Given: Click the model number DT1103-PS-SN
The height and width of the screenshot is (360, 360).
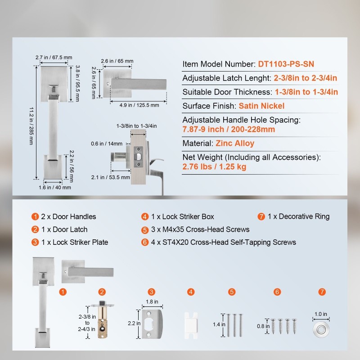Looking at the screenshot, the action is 286,64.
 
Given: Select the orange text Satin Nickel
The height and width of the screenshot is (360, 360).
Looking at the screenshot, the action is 261,106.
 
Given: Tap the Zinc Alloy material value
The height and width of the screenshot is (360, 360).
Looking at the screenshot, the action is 235,143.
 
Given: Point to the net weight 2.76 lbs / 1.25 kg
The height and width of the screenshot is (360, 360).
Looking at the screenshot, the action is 214,166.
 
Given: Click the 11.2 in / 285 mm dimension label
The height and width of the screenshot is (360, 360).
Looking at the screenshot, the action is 31,126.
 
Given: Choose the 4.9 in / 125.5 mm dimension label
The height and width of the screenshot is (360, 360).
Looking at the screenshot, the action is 139,105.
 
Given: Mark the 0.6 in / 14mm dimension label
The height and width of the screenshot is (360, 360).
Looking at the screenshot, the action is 107,144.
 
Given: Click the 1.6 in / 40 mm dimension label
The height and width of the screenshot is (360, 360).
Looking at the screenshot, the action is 54,187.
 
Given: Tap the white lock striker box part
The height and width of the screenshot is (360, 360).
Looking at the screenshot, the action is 191,325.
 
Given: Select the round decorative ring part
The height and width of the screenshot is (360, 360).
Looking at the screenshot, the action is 321,330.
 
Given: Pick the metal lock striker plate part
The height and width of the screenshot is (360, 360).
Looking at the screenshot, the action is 152,324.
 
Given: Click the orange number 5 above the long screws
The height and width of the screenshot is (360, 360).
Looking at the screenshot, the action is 232,292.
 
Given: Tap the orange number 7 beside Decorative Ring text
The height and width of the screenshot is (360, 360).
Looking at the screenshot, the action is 261,216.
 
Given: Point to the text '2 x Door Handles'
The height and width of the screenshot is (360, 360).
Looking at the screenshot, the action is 68,216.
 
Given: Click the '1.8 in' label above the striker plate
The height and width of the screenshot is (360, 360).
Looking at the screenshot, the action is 152,301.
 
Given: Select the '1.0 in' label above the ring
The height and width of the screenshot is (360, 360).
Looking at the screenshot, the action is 321,314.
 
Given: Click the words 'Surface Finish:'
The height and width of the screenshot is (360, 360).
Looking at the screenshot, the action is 209,106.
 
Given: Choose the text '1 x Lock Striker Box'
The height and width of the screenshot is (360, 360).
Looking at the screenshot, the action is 183,216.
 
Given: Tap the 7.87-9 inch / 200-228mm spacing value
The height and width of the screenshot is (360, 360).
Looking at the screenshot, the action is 229,129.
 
